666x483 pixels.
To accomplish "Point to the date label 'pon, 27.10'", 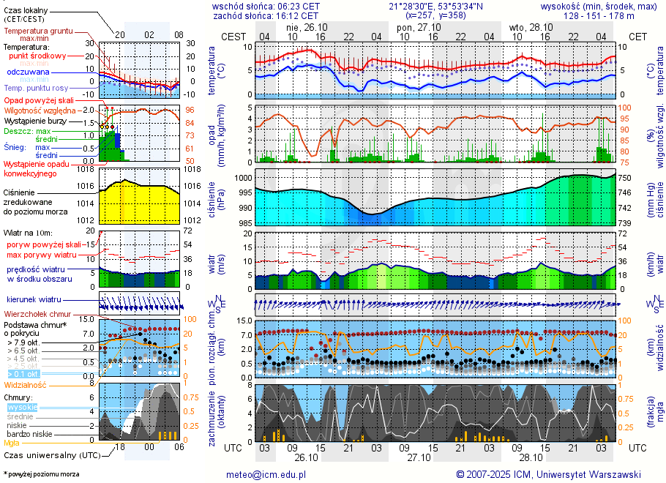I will pyautogui.click(x=415, y=27).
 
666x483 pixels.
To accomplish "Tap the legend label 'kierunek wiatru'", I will pyautogui.click(x=34, y=299).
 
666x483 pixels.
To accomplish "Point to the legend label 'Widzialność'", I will pyautogui.click(x=26, y=384).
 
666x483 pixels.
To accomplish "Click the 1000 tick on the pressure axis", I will pyautogui.click(x=242, y=178).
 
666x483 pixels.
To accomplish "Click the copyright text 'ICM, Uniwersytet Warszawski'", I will pyautogui.click(x=569, y=474).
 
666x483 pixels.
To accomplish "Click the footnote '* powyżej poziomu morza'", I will pyautogui.click(x=41, y=474).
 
